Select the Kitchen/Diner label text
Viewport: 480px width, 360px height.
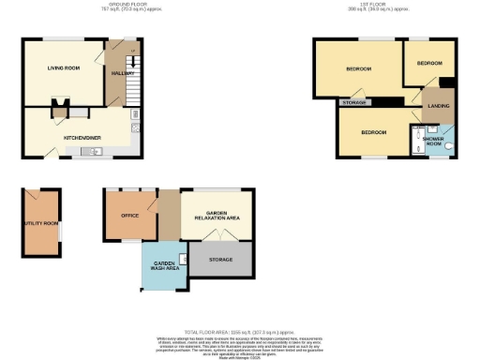coord(82,137)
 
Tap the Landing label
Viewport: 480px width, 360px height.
coord(438,106)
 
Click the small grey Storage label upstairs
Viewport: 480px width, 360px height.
coord(354,101)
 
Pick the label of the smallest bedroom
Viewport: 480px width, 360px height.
coord(428,63)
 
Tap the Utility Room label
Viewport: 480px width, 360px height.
coord(41,223)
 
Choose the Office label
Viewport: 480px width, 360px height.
coord(129,215)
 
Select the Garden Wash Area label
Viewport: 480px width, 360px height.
coord(165,265)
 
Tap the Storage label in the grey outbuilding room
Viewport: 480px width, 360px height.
coord(220,260)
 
